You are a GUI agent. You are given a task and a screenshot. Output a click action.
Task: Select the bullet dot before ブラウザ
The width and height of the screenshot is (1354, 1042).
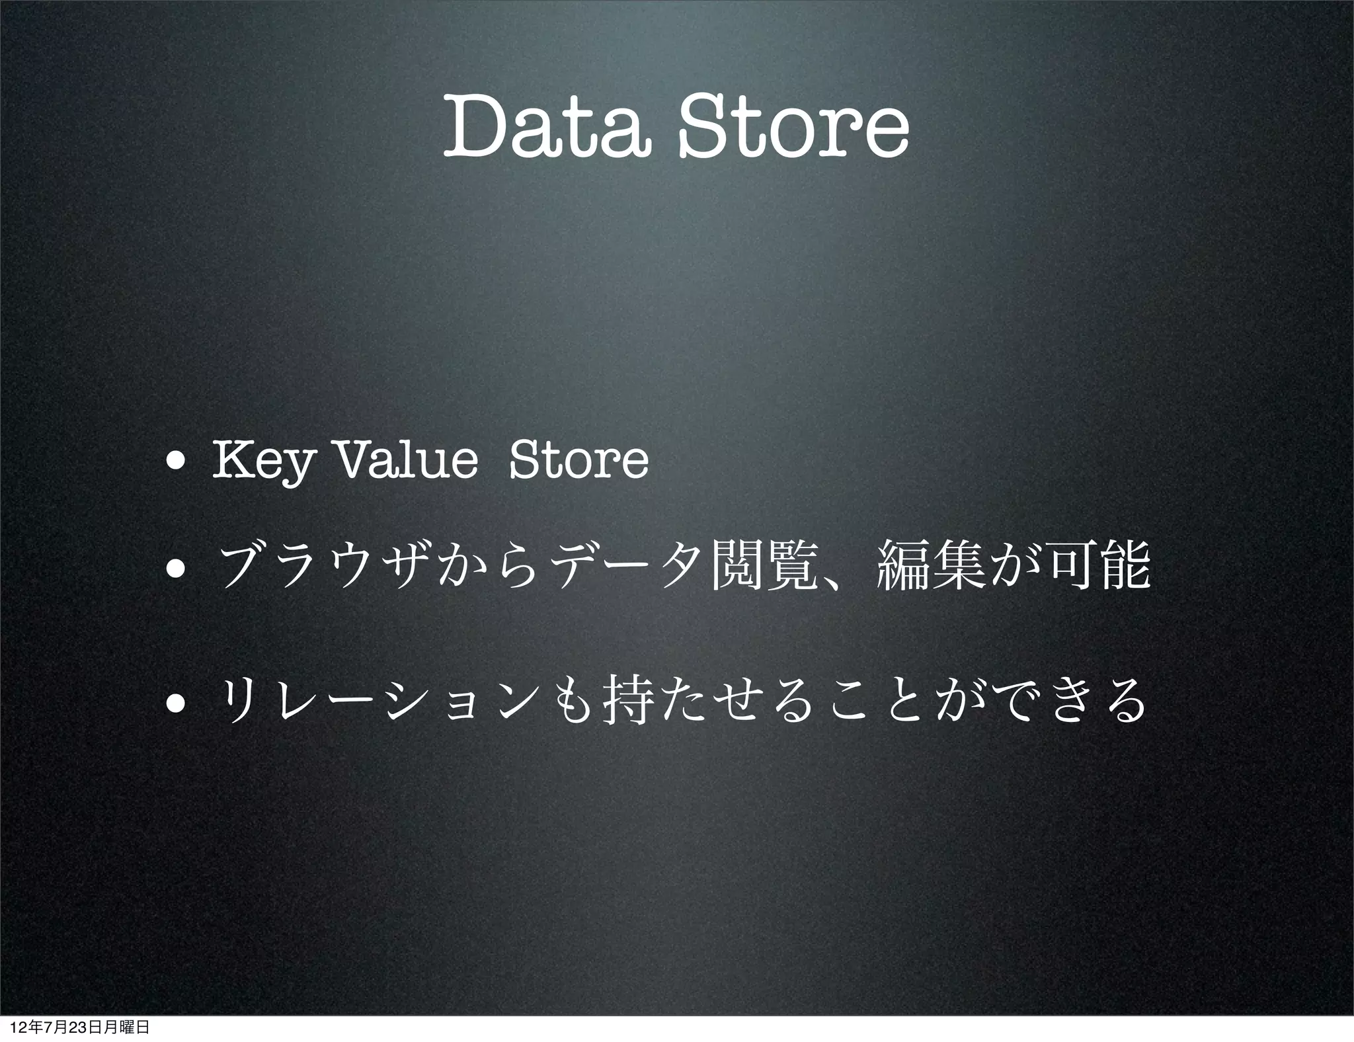(177, 569)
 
